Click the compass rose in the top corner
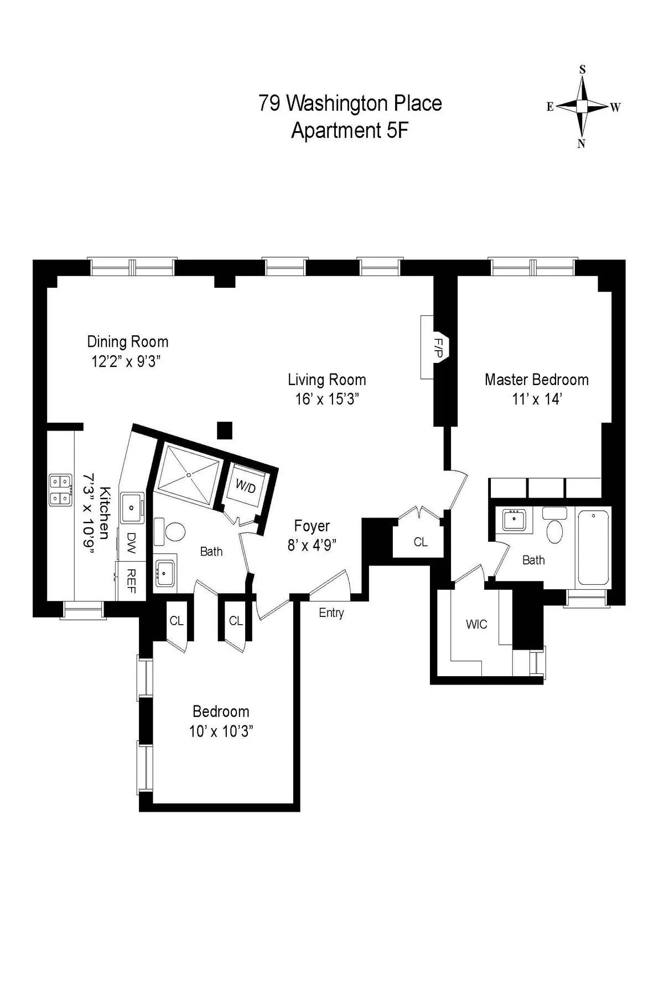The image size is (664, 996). click(582, 106)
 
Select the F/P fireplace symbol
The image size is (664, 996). click(438, 347)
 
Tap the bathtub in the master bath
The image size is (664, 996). click(593, 547)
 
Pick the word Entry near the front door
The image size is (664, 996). click(331, 613)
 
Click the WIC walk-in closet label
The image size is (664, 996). click(476, 624)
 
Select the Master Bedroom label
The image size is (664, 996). click(536, 380)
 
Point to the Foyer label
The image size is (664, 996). click(312, 525)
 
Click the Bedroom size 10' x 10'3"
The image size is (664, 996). click(221, 731)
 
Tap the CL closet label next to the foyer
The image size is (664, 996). click(421, 542)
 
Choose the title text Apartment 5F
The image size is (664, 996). click(350, 131)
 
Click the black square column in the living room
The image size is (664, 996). click(224, 429)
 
